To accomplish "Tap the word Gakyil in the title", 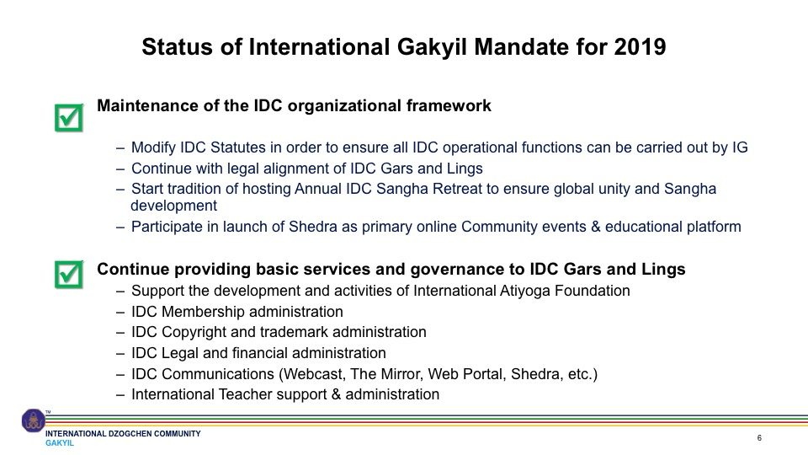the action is click(x=432, y=47).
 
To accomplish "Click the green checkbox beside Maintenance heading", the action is click(x=68, y=118).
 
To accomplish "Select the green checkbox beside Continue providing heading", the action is click(x=68, y=275).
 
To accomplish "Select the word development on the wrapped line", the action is click(x=174, y=206).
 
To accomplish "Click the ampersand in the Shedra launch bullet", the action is click(x=596, y=227).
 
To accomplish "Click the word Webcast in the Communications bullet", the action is click(x=312, y=374).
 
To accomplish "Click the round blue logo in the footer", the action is click(x=33, y=420).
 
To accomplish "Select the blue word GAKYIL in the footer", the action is click(x=60, y=443).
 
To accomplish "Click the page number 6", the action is click(x=759, y=438).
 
